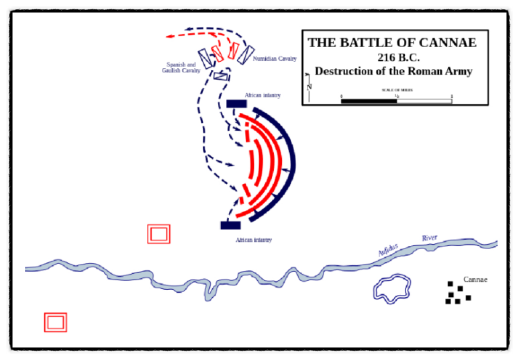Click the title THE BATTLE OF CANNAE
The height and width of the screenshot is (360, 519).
pyautogui.click(x=392, y=43)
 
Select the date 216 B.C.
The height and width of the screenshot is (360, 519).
pyautogui.click(x=393, y=58)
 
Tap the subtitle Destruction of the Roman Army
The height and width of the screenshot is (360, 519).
pyautogui.click(x=393, y=71)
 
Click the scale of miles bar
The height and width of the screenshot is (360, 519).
pyautogui.click(x=396, y=101)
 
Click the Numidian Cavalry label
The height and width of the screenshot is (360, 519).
pyautogui.click(x=275, y=59)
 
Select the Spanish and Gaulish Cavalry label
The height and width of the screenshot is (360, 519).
pyautogui.click(x=181, y=68)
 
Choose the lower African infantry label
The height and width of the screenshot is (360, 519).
pyautogui.click(x=253, y=240)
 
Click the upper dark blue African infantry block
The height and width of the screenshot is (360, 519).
pyautogui.click(x=235, y=103)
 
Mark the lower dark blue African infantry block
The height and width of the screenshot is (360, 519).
pyautogui.click(x=230, y=225)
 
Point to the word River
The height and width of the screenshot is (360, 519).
pyautogui.click(x=428, y=238)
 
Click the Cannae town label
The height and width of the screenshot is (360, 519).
pyautogui.click(x=475, y=279)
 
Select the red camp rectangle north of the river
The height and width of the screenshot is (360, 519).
pyautogui.click(x=159, y=234)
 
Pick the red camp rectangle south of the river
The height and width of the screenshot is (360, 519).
pyautogui.click(x=55, y=322)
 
